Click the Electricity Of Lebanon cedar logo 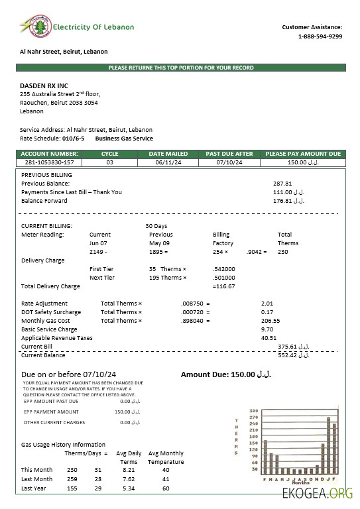[31, 27]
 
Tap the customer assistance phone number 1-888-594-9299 [320, 36]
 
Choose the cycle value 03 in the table [109, 162]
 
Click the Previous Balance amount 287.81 [282, 183]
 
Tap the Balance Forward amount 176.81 [288, 201]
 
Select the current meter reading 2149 [97, 252]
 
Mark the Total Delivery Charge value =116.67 [224, 286]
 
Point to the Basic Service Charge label [49, 329]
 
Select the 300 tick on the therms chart [253, 411]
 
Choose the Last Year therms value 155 [72, 488]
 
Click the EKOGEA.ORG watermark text [318, 494]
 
